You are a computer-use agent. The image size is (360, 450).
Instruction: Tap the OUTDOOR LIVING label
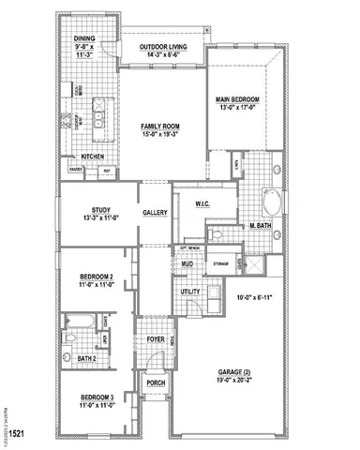(160, 47)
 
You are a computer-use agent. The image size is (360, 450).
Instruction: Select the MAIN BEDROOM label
(237, 98)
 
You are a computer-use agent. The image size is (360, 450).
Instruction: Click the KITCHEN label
(92, 157)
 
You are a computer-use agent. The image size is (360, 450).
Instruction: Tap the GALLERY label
(155, 213)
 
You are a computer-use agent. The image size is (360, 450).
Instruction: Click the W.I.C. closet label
(202, 202)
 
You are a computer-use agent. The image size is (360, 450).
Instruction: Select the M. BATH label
(260, 226)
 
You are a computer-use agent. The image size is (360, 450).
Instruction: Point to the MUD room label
(187, 265)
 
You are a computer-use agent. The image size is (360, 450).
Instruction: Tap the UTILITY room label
(190, 292)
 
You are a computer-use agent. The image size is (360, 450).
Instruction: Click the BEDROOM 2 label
(97, 277)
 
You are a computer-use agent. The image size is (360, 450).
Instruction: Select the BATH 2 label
(86, 357)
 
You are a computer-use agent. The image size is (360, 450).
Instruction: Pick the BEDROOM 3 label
(97, 397)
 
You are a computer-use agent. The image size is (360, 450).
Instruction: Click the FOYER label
(154, 340)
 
